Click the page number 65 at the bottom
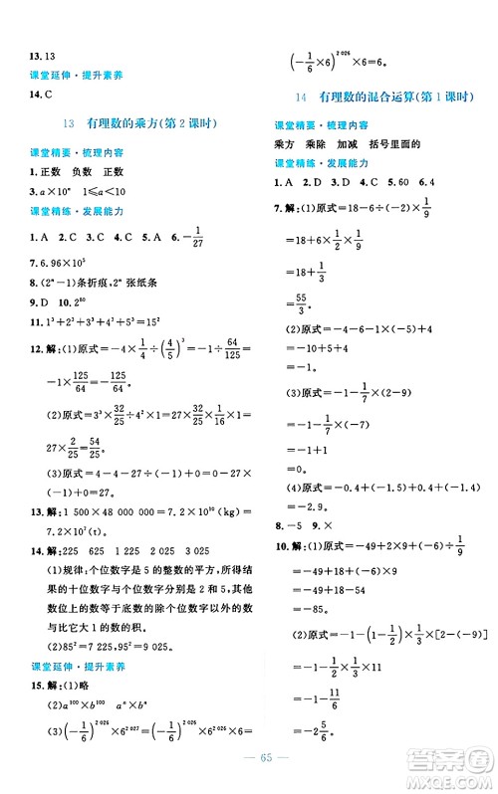248,769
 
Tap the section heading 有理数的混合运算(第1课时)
384,97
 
